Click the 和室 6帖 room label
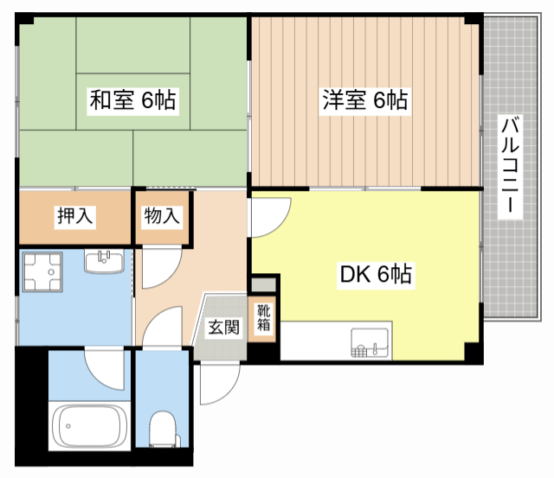tap(132, 100)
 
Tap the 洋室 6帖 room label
tap(365, 100)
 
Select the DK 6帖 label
tap(376, 274)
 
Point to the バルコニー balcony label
tap(510, 165)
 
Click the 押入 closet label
tap(75, 215)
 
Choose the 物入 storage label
tap(162, 215)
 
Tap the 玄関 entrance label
tap(224, 327)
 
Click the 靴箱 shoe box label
tap(263, 317)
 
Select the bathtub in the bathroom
tap(89, 426)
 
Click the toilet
tap(163, 429)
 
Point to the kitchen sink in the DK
tap(370, 342)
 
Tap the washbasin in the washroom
tap(104, 261)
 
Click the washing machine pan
tap(42, 272)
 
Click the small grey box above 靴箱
tap(263, 284)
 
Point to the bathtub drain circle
tap(68, 426)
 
